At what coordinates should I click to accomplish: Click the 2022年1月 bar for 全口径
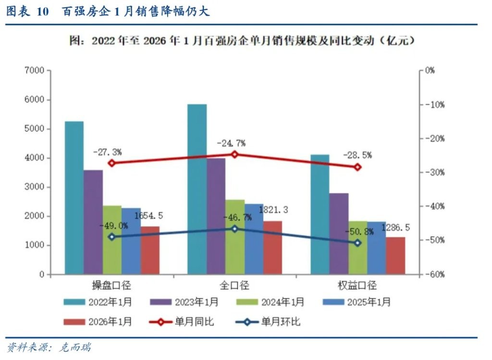(x=197, y=189)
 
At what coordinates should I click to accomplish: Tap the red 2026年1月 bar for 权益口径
(x=395, y=255)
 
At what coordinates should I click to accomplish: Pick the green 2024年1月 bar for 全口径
(x=235, y=237)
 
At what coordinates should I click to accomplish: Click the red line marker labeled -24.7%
(x=235, y=154)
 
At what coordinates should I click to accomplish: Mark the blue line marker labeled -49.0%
(x=112, y=237)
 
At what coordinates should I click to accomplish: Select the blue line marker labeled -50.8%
(x=357, y=243)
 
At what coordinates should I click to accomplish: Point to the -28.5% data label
(x=357, y=155)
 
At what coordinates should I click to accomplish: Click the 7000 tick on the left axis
(x=35, y=71)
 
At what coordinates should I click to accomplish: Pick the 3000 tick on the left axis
(x=35, y=187)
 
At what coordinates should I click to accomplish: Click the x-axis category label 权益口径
(x=358, y=286)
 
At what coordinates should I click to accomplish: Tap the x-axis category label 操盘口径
(x=112, y=286)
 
